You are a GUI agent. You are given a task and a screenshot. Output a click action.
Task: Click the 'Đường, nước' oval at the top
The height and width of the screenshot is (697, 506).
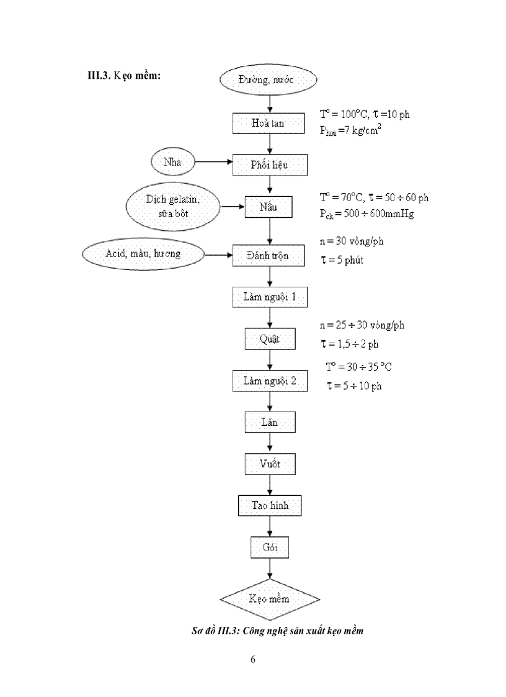tap(269, 81)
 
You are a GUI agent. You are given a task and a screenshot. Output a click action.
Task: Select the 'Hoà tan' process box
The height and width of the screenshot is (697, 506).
tap(269, 123)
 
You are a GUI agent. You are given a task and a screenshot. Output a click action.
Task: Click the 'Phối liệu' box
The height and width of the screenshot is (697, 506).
tap(269, 165)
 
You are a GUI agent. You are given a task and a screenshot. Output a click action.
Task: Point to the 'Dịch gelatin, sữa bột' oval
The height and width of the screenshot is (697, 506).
tap(174, 207)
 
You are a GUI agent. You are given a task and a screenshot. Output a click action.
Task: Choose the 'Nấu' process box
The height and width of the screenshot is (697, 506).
tap(269, 207)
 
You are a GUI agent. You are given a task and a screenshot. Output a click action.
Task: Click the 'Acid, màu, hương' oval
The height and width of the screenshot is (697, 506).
tap(144, 254)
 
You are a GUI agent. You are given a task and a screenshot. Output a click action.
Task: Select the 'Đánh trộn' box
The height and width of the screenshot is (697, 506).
tap(269, 255)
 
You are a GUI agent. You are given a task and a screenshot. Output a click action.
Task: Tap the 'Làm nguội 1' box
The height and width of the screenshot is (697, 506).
tap(269, 297)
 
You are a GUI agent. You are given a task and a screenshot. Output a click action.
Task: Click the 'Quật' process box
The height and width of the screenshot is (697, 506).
tap(269, 340)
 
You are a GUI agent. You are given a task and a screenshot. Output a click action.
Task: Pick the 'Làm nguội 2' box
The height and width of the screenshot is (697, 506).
tap(269, 380)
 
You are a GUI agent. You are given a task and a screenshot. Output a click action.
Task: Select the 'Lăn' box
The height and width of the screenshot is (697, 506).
tap(269, 423)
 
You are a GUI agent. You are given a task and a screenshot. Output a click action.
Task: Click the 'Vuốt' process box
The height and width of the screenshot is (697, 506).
tap(269, 464)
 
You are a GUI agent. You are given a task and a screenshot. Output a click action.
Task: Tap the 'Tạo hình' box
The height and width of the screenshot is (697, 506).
tap(269, 505)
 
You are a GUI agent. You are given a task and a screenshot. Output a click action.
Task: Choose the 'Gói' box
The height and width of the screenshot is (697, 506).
tap(269, 547)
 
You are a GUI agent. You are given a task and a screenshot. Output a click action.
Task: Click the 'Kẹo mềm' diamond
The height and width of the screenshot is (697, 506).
tap(269, 600)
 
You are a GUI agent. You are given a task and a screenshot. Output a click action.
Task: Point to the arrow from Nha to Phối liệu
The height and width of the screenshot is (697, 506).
tap(213, 163)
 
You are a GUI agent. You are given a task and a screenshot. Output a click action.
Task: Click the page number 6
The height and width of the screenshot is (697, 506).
tap(253, 659)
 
